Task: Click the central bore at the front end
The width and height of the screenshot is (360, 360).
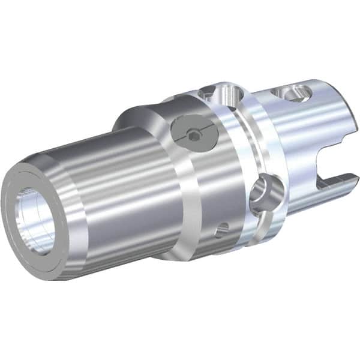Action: (x=35, y=219)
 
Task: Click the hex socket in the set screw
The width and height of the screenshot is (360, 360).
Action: (x=192, y=136)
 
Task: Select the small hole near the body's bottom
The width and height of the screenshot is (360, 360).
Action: (x=223, y=227)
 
